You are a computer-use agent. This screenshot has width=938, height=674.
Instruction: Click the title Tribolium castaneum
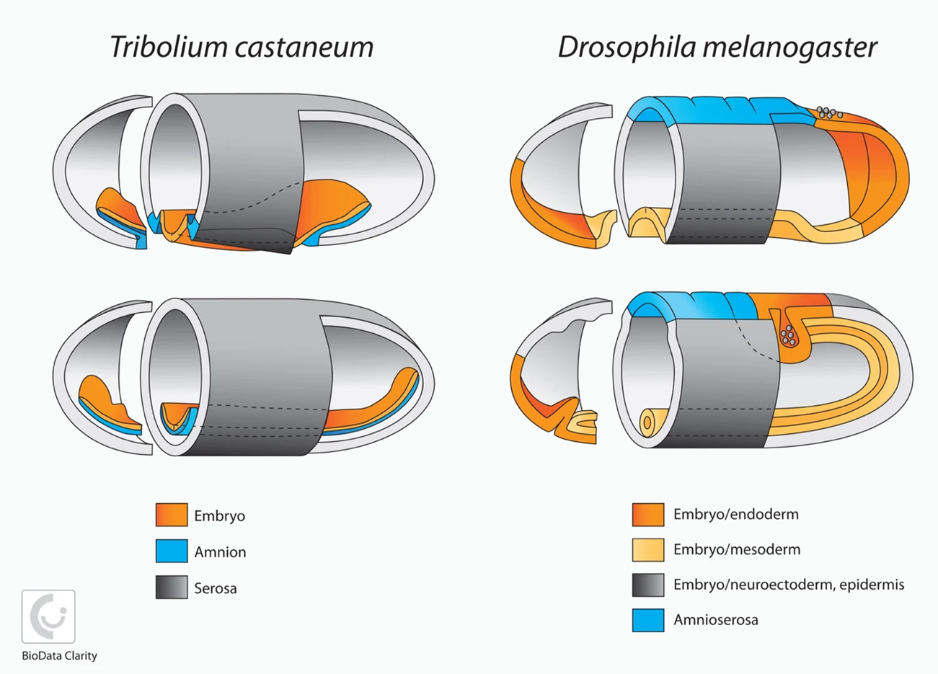pyautogui.click(x=242, y=48)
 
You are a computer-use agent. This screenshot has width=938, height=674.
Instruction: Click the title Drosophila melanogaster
pyautogui.click(x=717, y=48)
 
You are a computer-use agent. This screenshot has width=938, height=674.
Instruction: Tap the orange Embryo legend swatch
pyautogui.click(x=172, y=515)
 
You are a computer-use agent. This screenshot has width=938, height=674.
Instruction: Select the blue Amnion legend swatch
pyautogui.click(x=172, y=551)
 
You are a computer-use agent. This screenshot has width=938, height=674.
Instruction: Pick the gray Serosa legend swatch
pyautogui.click(x=172, y=587)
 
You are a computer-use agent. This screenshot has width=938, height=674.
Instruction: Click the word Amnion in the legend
pyautogui.click(x=220, y=552)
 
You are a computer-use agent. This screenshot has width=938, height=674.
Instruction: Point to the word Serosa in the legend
pyautogui.click(x=215, y=588)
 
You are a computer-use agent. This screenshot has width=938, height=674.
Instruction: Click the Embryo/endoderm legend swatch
pyautogui.click(x=647, y=515)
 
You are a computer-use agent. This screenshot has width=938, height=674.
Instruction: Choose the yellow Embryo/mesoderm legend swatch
pyautogui.click(x=647, y=549)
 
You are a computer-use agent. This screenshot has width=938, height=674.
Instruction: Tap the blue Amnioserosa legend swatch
pyautogui.click(x=647, y=620)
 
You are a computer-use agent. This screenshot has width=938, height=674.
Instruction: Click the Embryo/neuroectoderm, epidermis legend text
pyautogui.click(x=788, y=585)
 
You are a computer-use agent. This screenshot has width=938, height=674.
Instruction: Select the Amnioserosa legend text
pyautogui.click(x=715, y=620)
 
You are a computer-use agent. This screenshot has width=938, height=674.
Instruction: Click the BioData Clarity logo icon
pyautogui.click(x=48, y=616)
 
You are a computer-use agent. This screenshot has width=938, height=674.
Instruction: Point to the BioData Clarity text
pyautogui.click(x=59, y=656)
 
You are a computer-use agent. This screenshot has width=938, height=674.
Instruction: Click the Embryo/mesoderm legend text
pyautogui.click(x=736, y=549)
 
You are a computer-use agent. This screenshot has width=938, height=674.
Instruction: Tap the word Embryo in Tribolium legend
pyautogui.click(x=219, y=516)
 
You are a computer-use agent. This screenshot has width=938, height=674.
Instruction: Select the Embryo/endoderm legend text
pyautogui.click(x=735, y=515)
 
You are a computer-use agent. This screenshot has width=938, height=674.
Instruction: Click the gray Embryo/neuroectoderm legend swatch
pyautogui.click(x=647, y=585)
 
